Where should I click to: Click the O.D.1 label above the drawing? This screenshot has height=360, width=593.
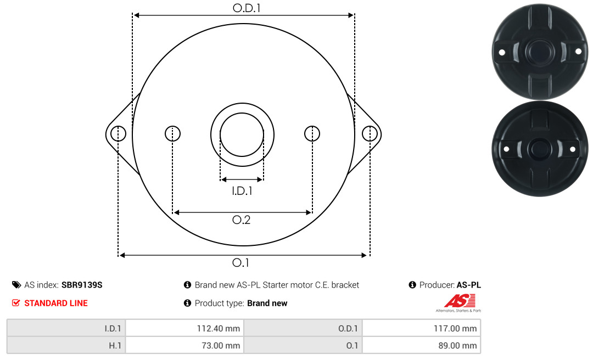[x=247, y=8]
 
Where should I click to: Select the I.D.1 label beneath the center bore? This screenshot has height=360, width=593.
[x=242, y=191]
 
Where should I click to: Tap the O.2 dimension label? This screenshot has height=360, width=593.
[x=241, y=220]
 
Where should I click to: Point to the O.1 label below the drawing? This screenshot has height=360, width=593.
[x=240, y=262]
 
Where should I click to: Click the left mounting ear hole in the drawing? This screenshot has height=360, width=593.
[x=119, y=133]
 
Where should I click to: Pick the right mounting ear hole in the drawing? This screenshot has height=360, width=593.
[x=370, y=133]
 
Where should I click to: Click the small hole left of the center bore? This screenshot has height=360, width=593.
[x=173, y=133]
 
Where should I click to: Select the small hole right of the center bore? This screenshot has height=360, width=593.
[x=312, y=133]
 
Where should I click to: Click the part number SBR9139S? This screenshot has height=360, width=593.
[x=82, y=285]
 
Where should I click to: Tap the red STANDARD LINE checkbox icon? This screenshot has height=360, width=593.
[x=16, y=303]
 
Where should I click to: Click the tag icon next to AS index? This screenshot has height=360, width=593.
[x=16, y=285]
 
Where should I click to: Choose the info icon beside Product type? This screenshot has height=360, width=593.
[x=187, y=303]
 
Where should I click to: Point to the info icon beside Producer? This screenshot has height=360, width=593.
[x=412, y=285]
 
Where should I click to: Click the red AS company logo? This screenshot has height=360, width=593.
[x=459, y=301]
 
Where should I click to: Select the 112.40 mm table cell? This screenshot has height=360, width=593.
[x=184, y=328]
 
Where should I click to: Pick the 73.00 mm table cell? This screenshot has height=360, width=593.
[x=184, y=345]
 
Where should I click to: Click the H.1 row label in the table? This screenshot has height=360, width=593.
[x=115, y=346]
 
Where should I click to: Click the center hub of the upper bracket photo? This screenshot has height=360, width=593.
[x=540, y=52]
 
